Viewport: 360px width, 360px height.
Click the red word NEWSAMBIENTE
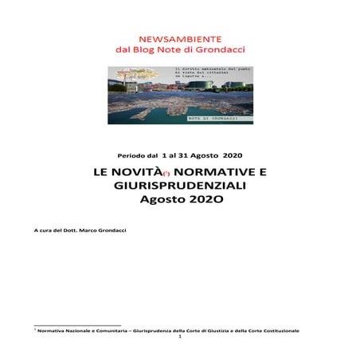[180, 37]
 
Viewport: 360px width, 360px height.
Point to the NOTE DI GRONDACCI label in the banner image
[217, 118]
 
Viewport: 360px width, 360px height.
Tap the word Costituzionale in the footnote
[278, 329]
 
